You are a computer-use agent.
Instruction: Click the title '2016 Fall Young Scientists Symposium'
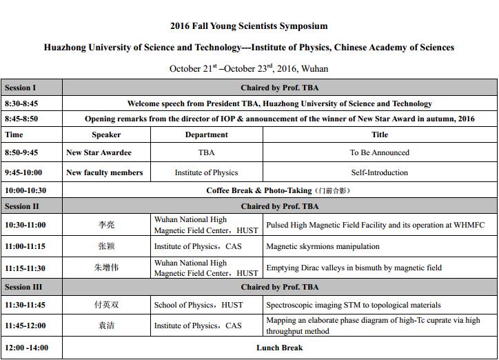click(249, 26)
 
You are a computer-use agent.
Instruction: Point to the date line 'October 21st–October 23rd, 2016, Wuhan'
click(249, 68)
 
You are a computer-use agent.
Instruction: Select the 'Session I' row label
click(21, 88)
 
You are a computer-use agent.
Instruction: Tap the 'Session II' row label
click(22, 206)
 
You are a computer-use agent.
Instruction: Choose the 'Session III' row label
click(23, 287)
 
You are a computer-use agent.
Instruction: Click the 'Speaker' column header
click(106, 134)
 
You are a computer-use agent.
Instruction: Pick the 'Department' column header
click(206, 134)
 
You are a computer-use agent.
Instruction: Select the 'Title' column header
click(379, 134)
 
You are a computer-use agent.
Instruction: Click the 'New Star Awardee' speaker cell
click(99, 152)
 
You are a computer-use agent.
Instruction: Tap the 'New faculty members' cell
click(105, 172)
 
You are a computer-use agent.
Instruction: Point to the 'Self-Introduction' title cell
click(379, 172)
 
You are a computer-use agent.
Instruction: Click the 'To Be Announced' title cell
click(379, 152)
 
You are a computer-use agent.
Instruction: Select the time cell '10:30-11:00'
click(26, 226)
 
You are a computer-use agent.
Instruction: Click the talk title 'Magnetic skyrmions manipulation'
click(323, 246)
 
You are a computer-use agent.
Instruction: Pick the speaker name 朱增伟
click(106, 268)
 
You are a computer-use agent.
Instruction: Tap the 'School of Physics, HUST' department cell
click(198, 305)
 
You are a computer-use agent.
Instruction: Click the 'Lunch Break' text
click(279, 348)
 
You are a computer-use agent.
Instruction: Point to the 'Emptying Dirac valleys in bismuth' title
click(354, 268)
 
